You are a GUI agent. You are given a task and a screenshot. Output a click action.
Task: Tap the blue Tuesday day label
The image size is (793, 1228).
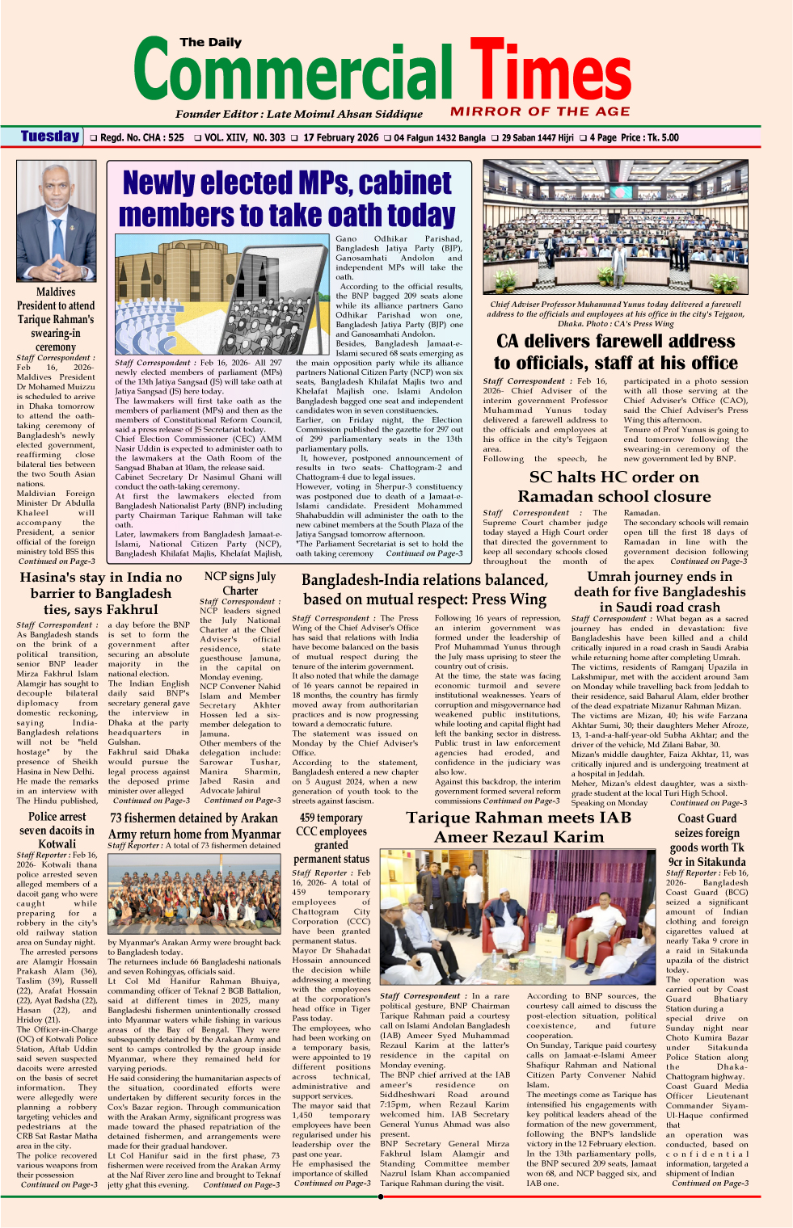coord(50,137)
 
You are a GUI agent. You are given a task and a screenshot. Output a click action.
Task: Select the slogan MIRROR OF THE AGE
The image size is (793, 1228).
coord(540,111)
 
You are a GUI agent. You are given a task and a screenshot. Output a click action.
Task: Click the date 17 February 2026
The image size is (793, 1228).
coord(341,137)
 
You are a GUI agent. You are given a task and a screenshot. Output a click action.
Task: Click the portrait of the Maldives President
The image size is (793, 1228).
coord(56,221)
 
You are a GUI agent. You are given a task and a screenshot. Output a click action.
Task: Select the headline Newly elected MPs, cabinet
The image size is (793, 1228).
coord(287,183)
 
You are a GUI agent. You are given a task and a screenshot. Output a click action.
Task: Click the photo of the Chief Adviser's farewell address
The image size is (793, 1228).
coord(615,227)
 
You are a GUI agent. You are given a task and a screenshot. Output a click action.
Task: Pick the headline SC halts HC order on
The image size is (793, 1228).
coord(614,477)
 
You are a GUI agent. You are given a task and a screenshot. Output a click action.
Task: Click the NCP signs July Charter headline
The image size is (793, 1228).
coord(240,583)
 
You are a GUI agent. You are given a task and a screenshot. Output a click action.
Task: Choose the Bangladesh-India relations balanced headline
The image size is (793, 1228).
coord(424,580)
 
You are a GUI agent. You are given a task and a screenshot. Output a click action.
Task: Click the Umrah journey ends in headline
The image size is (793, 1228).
coord(660,577)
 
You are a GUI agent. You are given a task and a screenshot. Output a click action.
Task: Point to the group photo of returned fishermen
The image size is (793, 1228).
coord(195,891)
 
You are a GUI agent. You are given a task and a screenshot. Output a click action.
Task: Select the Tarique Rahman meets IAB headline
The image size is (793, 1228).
coord(518,818)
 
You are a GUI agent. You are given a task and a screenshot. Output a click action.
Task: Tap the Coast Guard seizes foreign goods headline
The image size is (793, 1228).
coord(707,839)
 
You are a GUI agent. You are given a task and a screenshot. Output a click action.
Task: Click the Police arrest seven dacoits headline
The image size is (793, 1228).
coord(57,830)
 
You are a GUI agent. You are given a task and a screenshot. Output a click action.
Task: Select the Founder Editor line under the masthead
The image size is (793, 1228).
coord(299,114)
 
